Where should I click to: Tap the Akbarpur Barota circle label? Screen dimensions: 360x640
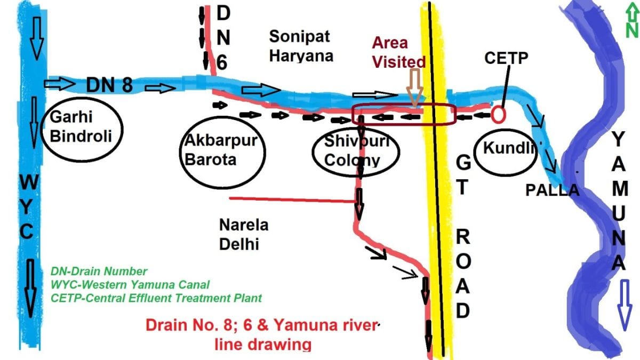coord(221,150)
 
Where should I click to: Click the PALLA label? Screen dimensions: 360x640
coord(552,190)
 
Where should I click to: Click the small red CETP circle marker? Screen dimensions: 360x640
coord(499,113)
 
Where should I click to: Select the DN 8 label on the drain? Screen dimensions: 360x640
coord(109,84)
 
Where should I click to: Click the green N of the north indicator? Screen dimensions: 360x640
coord(632,30)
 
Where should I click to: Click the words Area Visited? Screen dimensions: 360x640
coord(398,52)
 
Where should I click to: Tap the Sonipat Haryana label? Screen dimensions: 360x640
coord(301,46)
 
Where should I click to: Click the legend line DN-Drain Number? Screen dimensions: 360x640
coord(99,271)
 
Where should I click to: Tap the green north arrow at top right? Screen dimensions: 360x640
coord(631,12)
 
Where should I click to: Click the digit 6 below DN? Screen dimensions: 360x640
coord(223,62)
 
